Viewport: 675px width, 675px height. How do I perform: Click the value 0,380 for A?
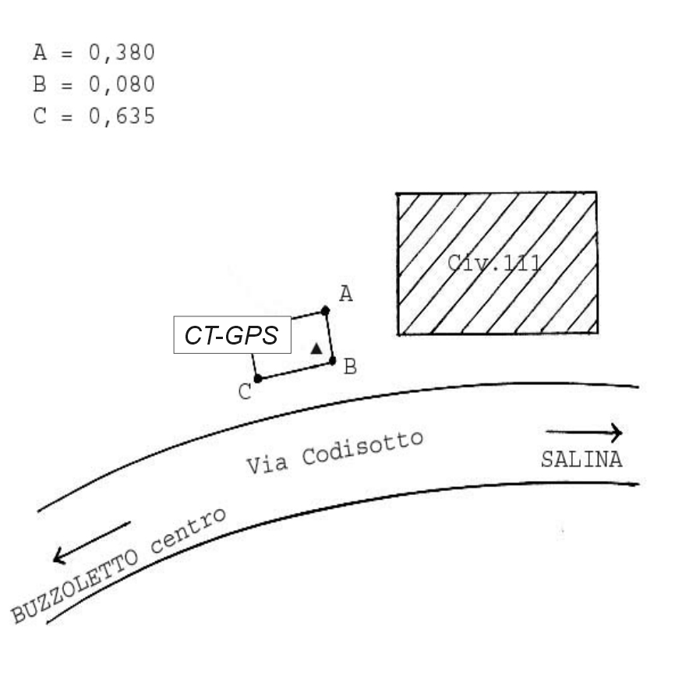coord(122,53)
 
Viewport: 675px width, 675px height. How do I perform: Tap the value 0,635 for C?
coord(122,117)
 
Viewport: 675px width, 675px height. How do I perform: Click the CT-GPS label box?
coord(231,335)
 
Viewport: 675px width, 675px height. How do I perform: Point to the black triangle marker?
coord(316,348)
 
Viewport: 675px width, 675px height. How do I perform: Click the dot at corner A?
coord(325,311)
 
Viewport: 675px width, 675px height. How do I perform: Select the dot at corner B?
coord(332,361)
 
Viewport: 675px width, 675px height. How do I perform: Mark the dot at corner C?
coord(258,379)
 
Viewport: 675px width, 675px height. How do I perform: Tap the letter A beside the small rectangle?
coord(346,293)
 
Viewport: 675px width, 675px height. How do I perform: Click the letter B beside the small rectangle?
coord(350,366)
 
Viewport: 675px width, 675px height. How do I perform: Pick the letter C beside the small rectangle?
coord(245,391)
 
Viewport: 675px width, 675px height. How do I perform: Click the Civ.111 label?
coord(494,262)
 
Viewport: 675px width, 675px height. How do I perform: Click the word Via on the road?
coord(268,463)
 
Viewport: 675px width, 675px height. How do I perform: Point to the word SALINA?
coord(581,460)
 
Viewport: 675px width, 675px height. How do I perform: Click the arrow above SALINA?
coord(584,432)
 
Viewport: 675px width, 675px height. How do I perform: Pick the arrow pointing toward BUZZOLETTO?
coord(90,542)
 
